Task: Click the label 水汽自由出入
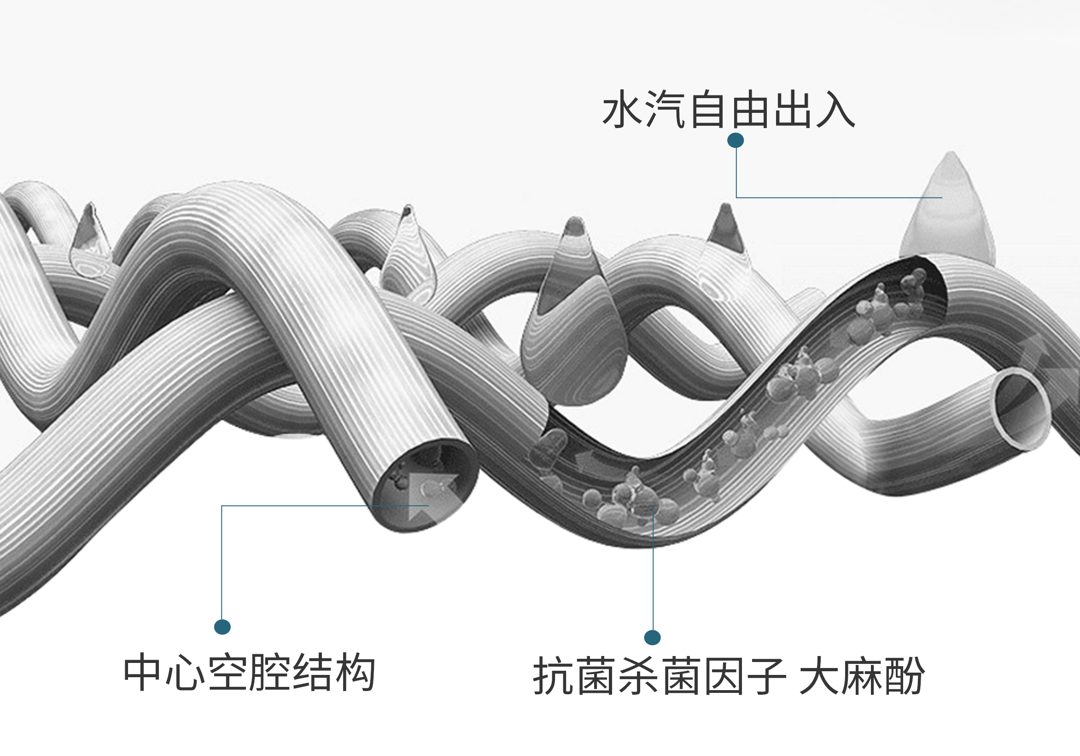728,110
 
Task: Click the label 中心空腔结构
249,673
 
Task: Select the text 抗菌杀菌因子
659,676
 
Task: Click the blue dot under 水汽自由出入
736,140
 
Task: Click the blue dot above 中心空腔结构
222,627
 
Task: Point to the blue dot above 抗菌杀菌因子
653,638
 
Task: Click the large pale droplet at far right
949,217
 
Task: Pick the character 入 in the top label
835,110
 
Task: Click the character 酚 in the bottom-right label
905,676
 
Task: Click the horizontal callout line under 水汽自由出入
837,198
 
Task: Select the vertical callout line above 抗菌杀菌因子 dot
653,574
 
